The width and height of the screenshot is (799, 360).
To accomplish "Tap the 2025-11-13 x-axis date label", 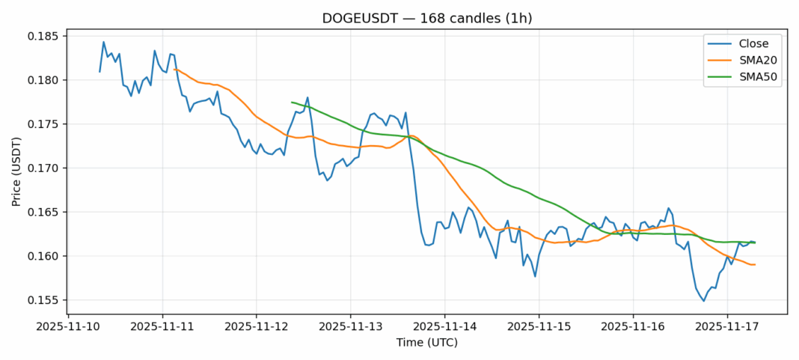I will [351, 326].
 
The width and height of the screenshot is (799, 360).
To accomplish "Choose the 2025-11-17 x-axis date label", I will [726, 326].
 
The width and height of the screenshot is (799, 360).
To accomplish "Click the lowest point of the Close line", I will [703, 301].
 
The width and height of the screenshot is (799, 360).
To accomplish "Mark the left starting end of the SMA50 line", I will [292, 102].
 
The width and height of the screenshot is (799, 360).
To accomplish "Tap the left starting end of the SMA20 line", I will [174, 70].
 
